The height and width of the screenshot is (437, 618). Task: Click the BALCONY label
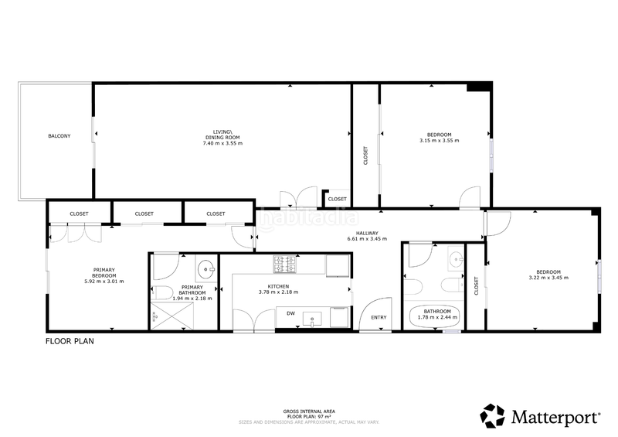coord(59,136)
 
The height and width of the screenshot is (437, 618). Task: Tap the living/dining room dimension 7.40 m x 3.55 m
coord(222,143)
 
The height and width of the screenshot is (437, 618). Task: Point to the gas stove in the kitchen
coord(284,265)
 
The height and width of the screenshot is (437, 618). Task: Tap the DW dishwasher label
coord(290,313)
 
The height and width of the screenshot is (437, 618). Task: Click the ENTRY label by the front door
coord(379,318)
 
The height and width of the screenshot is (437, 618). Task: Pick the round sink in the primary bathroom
coord(206,270)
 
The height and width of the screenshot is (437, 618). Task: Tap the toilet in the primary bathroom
coord(161,292)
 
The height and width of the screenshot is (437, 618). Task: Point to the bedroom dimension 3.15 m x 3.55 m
coord(439,141)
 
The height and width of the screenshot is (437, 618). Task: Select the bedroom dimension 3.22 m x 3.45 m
coord(548,276)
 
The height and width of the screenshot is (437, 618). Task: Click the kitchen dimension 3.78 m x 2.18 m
coord(278,292)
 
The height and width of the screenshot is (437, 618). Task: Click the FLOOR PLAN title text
coord(70,340)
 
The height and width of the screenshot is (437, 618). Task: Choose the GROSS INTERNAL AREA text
coord(309,411)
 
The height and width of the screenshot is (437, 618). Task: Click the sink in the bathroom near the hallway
coord(456,258)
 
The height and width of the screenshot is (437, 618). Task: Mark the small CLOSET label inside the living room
coord(338,199)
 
